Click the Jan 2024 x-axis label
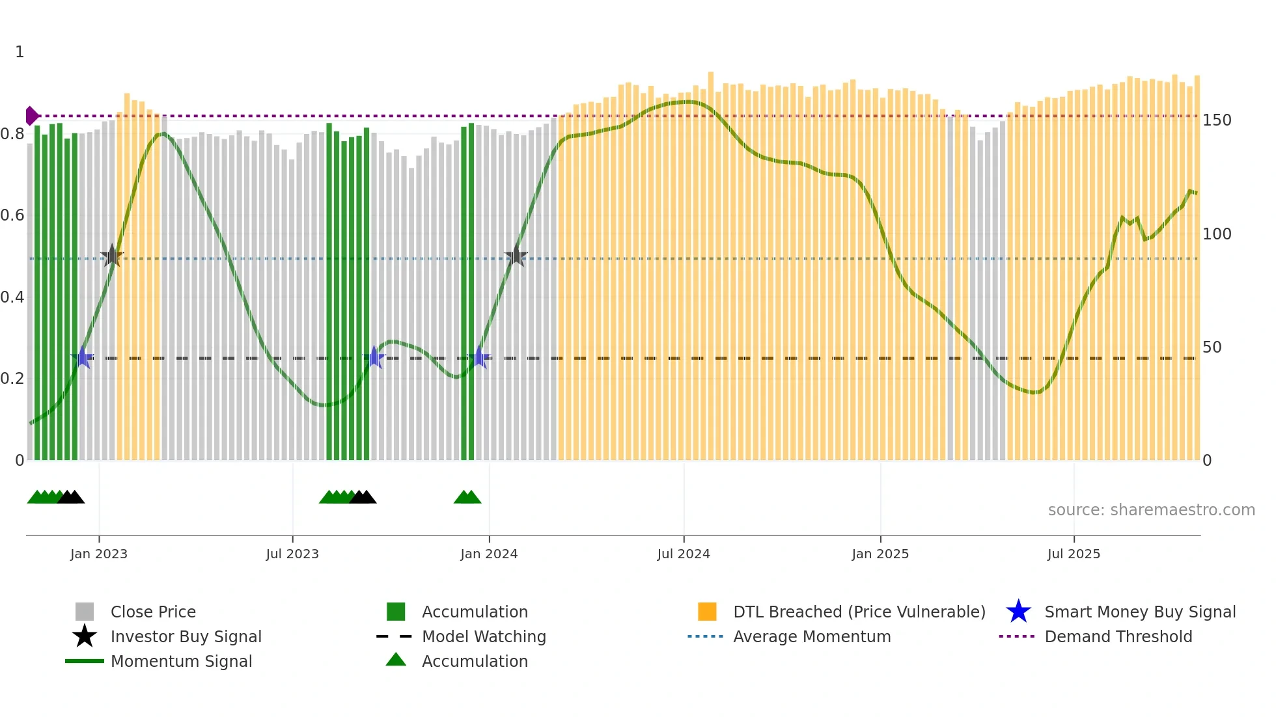click(x=489, y=554)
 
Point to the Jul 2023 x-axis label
click(x=292, y=554)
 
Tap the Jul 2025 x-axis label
click(x=1074, y=554)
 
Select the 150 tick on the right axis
click(x=1217, y=120)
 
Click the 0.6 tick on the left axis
click(x=13, y=215)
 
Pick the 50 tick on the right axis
click(x=1212, y=347)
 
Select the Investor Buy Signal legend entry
click(x=186, y=636)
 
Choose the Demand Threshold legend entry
click(x=1118, y=636)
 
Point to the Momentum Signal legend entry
click(x=181, y=661)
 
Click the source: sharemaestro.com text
click(x=1151, y=510)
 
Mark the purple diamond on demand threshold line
click(x=31, y=116)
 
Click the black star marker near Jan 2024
click(x=516, y=255)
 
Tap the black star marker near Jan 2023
click(x=112, y=256)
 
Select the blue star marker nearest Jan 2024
click(x=480, y=357)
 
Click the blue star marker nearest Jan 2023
click(x=83, y=357)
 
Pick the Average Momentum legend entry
click(x=811, y=636)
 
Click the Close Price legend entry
click(x=152, y=612)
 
